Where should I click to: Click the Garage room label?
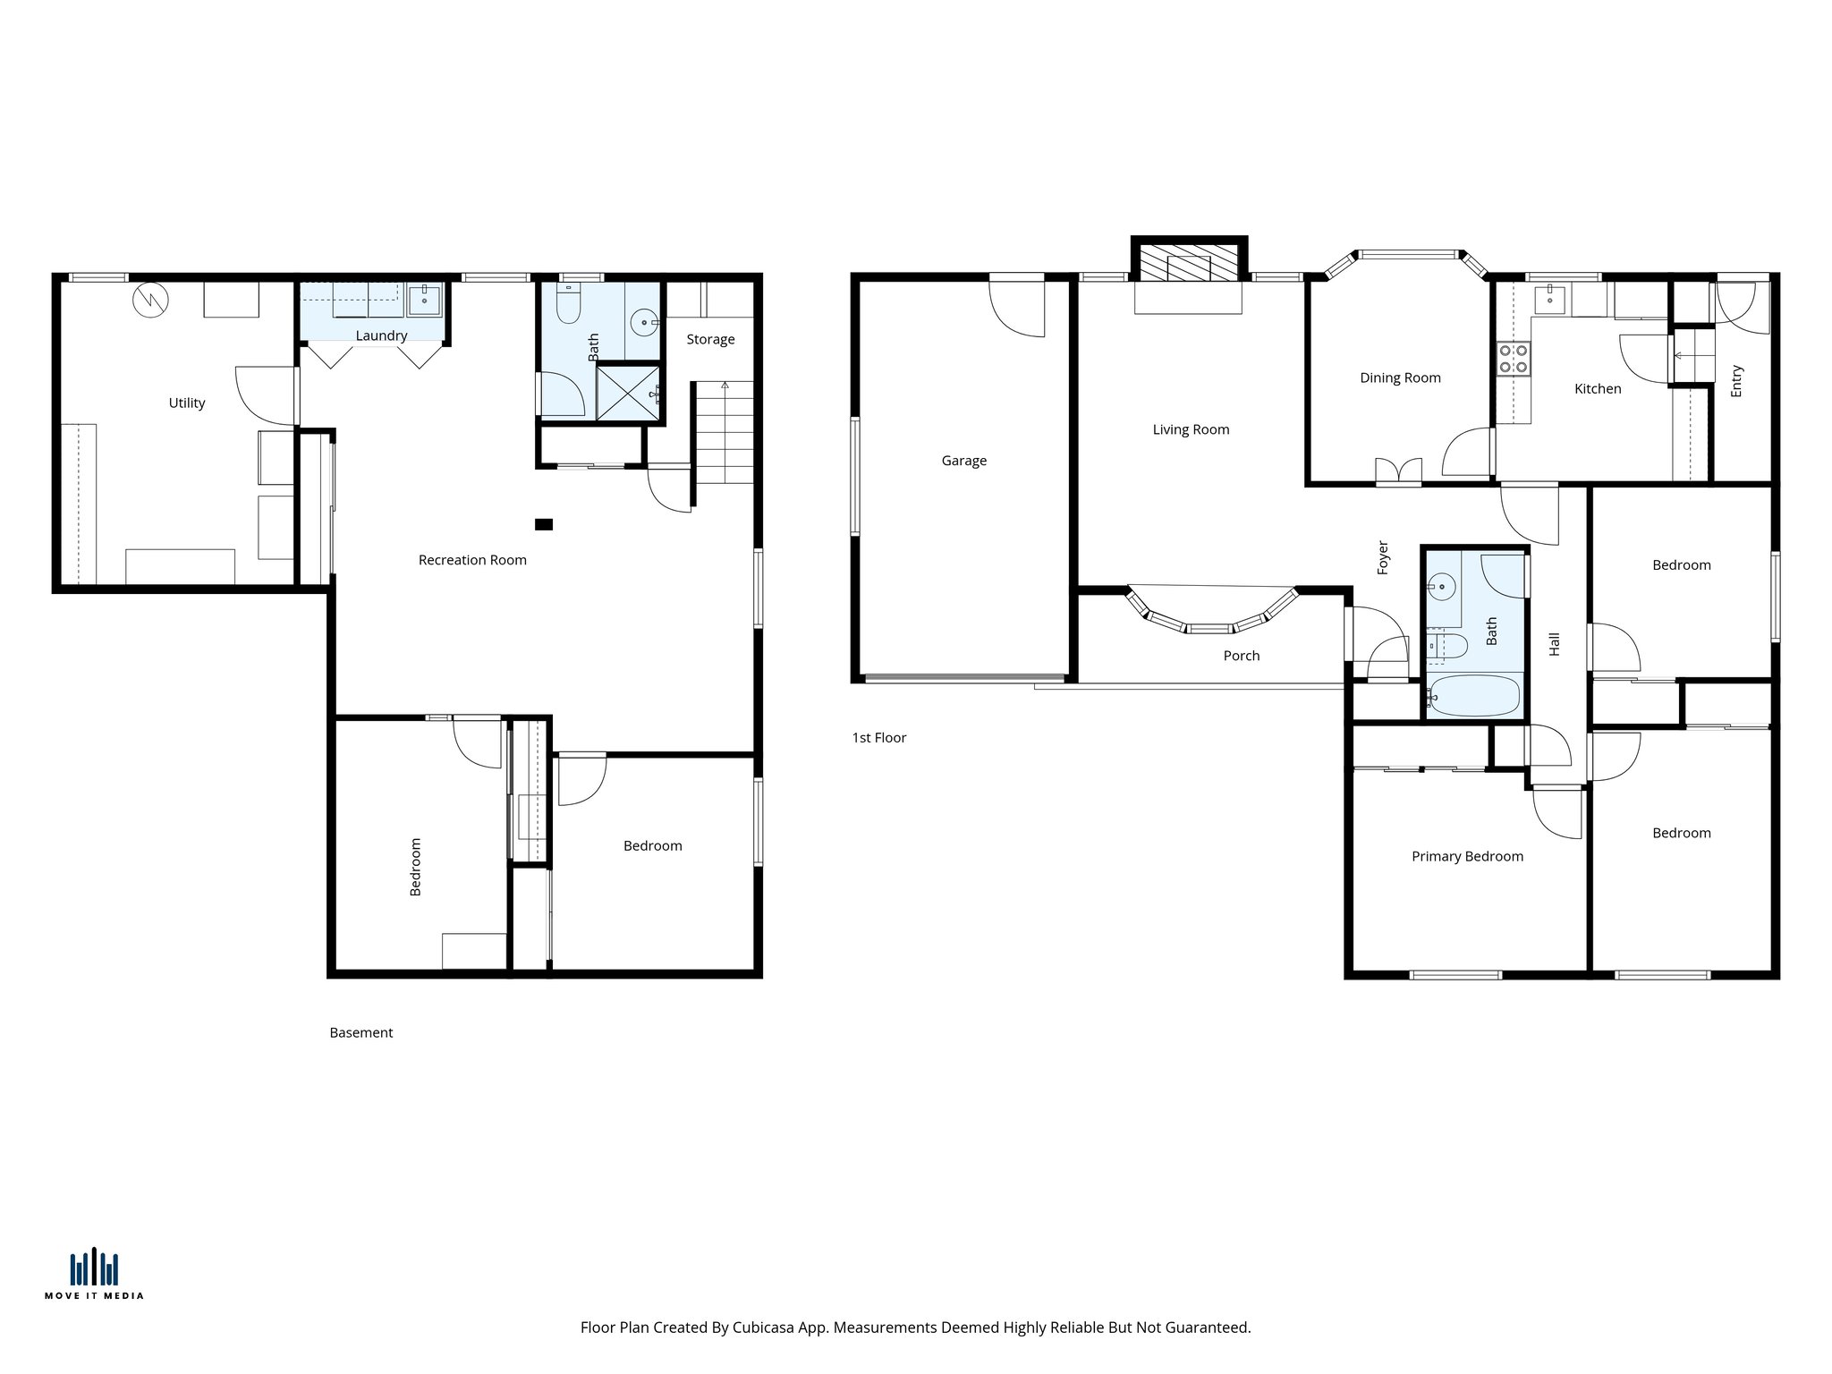click(x=963, y=461)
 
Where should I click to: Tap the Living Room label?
click(x=1190, y=429)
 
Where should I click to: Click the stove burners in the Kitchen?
click(x=1513, y=359)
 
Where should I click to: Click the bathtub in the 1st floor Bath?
click(x=1474, y=695)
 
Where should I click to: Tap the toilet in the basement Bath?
click(x=568, y=304)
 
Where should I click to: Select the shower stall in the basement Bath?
click(x=630, y=391)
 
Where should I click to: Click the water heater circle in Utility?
click(x=150, y=300)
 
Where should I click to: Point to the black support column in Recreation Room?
click(x=544, y=524)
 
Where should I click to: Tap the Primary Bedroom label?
click(x=1467, y=856)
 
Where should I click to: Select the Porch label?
click(x=1241, y=656)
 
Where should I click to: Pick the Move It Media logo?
click(x=94, y=1273)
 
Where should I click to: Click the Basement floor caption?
click(x=360, y=1032)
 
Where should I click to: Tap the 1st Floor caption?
click(x=878, y=737)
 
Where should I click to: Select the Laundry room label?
click(x=381, y=335)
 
